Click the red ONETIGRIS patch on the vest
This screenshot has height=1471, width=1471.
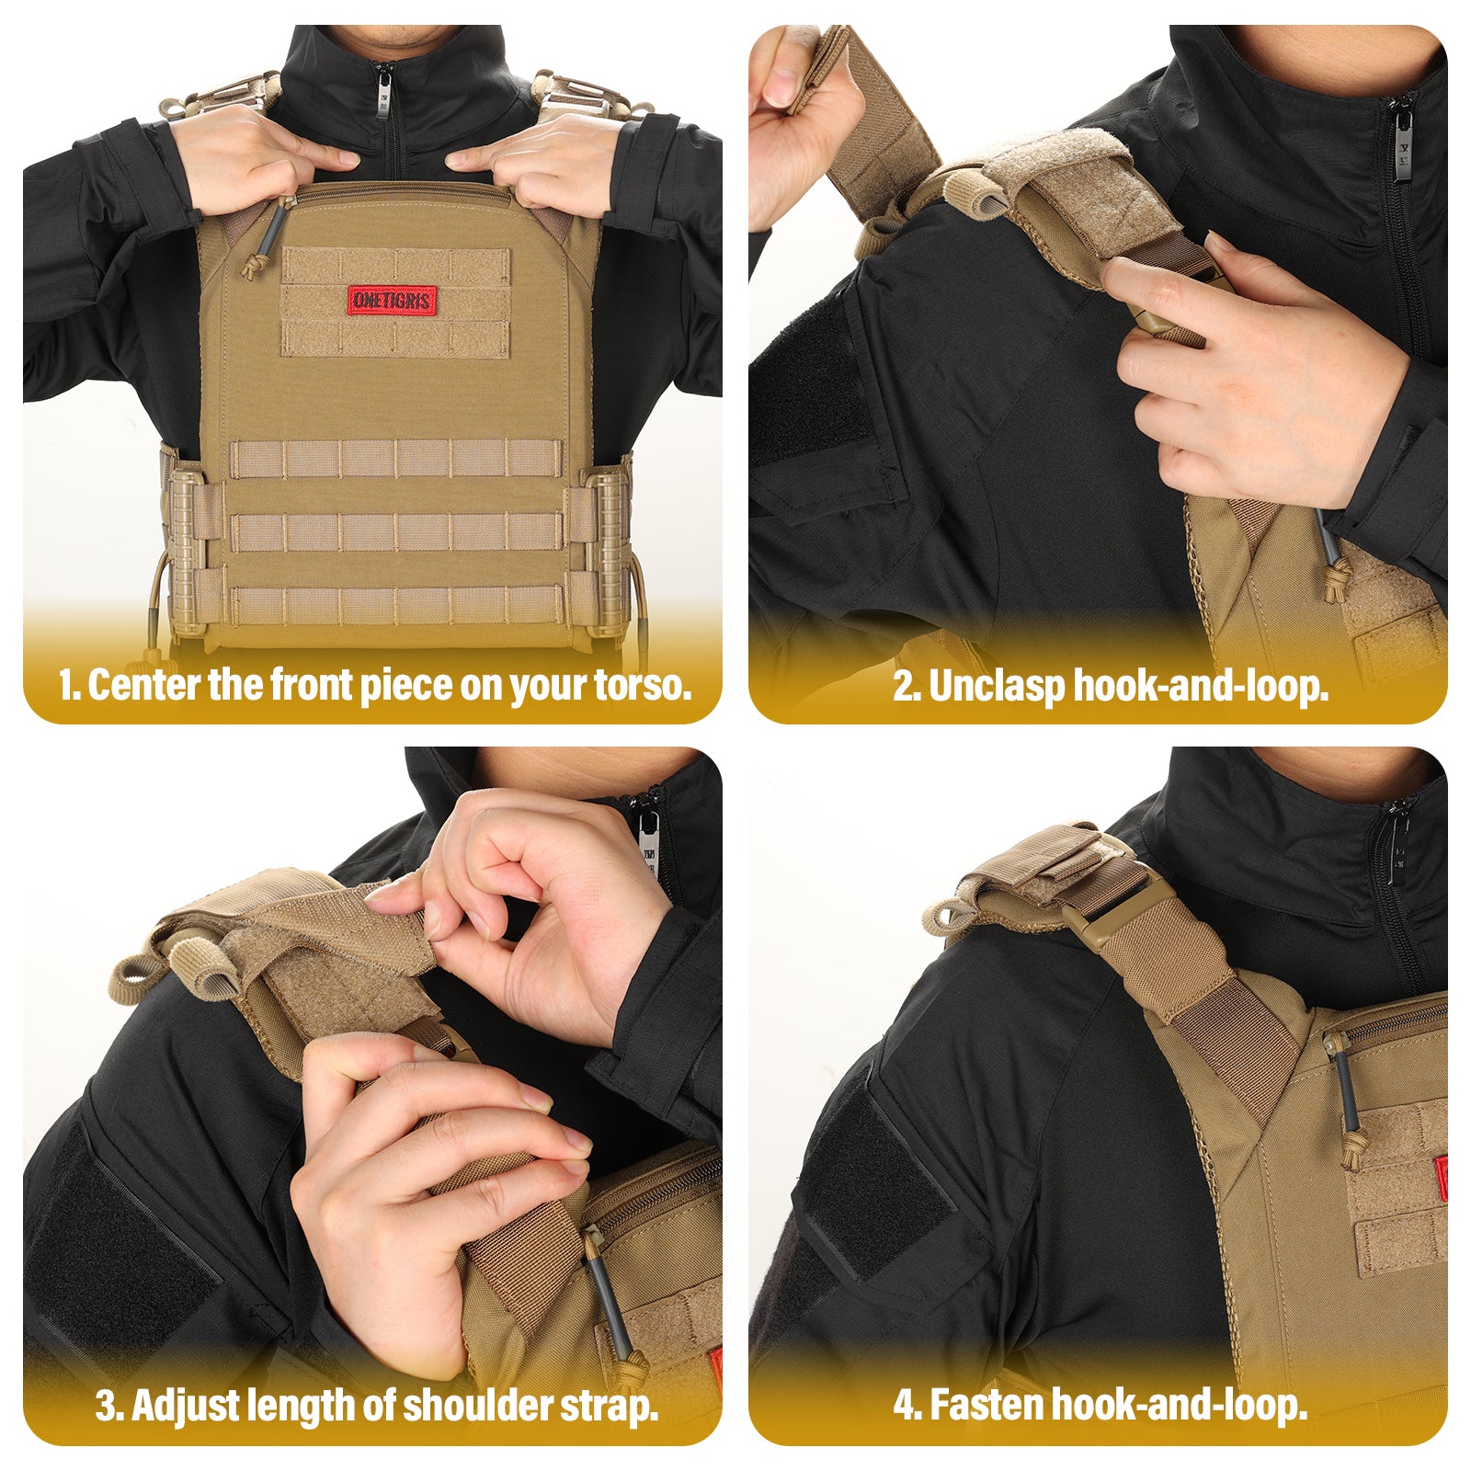[x=392, y=300]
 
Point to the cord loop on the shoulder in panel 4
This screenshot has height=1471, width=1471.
[x=947, y=914]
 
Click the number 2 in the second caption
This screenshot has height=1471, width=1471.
[x=905, y=686]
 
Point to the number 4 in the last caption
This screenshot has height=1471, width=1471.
[x=906, y=1405]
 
